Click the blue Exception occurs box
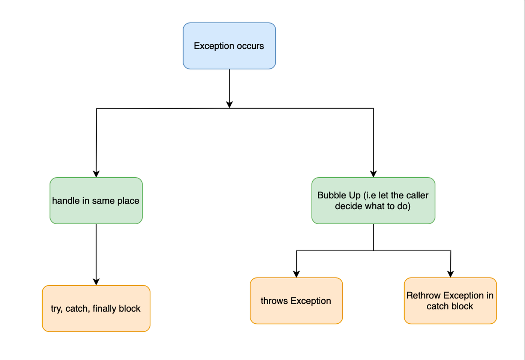(x=229, y=46)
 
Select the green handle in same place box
(x=96, y=201)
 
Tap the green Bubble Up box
(x=373, y=201)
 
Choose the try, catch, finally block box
(x=96, y=308)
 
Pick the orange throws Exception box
(x=296, y=301)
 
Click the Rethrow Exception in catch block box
(x=450, y=301)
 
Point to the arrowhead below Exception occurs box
(x=229, y=105)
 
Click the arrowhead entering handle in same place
(x=96, y=174)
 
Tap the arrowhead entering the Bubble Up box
(x=373, y=174)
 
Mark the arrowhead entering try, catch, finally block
(x=96, y=282)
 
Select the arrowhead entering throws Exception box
(x=296, y=274)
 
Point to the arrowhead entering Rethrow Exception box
(x=450, y=274)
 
